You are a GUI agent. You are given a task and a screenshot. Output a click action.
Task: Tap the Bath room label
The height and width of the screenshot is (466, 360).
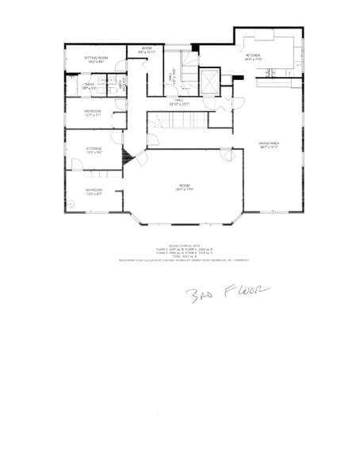tap(90, 86)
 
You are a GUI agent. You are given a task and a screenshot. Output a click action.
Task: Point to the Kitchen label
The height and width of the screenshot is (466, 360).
tap(253, 57)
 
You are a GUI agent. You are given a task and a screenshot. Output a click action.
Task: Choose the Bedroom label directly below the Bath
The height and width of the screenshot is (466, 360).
tap(93, 113)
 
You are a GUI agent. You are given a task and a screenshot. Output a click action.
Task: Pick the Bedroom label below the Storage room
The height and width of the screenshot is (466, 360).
tap(94, 191)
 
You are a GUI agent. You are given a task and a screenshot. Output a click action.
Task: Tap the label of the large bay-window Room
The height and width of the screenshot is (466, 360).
tap(184, 188)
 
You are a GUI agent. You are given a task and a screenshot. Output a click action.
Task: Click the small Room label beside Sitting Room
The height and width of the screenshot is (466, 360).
tap(147, 51)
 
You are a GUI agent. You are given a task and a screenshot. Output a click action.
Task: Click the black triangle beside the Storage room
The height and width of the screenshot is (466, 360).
tap(125, 158)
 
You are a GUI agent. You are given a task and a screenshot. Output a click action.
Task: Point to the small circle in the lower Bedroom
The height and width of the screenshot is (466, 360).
tap(71, 202)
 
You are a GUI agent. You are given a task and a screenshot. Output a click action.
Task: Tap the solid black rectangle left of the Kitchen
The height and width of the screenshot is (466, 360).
tap(237, 77)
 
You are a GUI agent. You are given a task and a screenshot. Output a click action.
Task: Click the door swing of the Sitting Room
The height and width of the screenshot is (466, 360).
tap(120, 65)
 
